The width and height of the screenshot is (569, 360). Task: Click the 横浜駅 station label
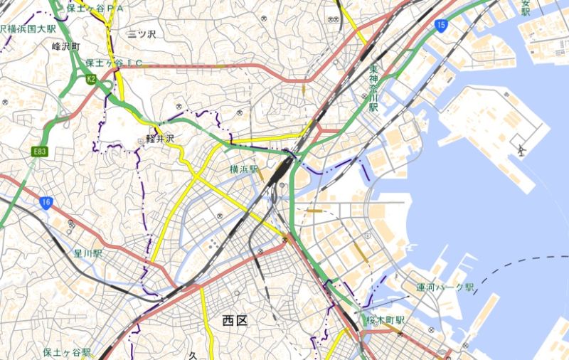243,169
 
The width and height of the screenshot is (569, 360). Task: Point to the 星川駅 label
88,253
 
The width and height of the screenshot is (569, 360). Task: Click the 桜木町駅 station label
385,321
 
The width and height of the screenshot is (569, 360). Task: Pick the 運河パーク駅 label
446,287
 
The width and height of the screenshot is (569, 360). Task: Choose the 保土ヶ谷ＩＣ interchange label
114,63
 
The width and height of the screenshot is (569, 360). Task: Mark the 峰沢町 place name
68,46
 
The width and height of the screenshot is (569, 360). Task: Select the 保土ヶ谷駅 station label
66,352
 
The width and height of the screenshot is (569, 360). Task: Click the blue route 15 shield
442,26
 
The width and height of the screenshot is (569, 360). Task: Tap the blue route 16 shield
46,203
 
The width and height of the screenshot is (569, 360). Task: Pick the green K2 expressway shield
90,79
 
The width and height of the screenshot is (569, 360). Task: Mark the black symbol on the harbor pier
522,150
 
